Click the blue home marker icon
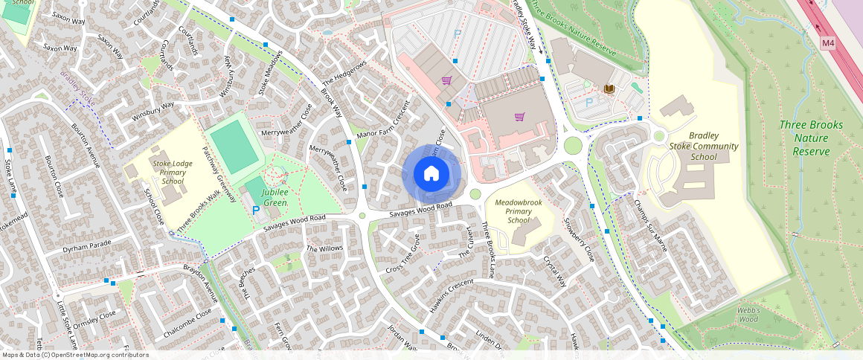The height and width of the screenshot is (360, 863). (x=431, y=174)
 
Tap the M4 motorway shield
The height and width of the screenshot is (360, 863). (x=829, y=44)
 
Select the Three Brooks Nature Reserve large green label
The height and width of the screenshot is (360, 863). (x=811, y=138)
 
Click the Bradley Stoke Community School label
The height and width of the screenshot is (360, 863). (x=703, y=146)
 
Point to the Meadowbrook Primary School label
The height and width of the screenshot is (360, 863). (x=518, y=210)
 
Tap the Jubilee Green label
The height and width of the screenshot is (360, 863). (x=275, y=197)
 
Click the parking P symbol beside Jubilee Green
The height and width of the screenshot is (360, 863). (x=256, y=211)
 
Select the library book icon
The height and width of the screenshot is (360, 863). (x=609, y=89)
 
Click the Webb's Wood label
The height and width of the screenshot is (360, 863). (x=748, y=314)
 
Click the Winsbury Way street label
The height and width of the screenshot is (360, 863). (x=153, y=111)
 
